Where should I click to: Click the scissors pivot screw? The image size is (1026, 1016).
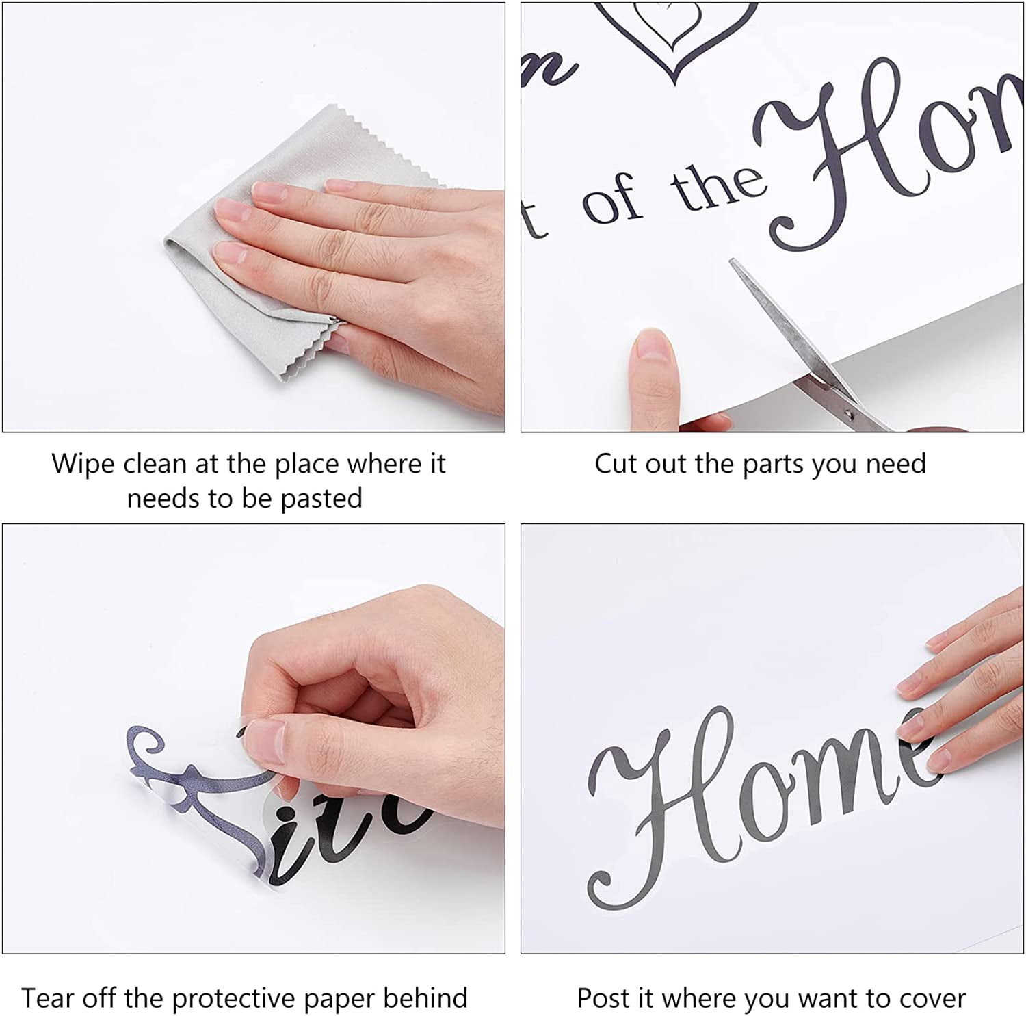pyautogui.click(x=850, y=413)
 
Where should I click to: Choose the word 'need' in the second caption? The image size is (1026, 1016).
pyautogui.click(x=895, y=464)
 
